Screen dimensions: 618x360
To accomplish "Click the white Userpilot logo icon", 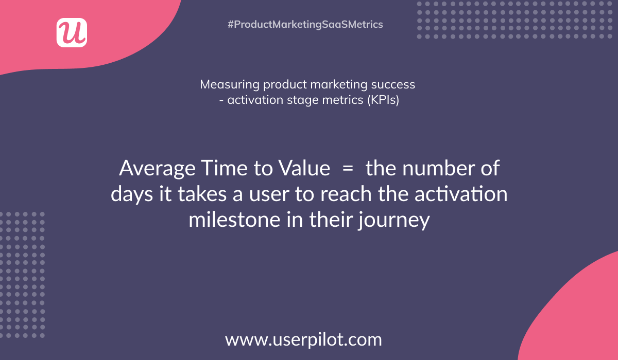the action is tap(72, 32).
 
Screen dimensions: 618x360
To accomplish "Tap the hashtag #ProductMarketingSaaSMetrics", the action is tap(305, 24).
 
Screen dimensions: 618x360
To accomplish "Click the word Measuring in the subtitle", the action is tap(230, 84).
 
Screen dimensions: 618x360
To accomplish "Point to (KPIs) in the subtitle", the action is tap(383, 100).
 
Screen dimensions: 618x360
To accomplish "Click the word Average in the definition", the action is tap(157, 168).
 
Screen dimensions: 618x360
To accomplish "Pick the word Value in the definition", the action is tap(304, 168).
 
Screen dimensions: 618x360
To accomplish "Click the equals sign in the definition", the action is tap(348, 168).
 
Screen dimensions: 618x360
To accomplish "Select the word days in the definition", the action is tap(132, 194).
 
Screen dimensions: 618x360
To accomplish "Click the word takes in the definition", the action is tap(202, 194).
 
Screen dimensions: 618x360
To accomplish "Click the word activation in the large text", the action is tap(461, 194).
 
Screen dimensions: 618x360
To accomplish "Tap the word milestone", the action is tap(234, 220).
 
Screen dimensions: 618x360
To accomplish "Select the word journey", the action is tap(394, 220).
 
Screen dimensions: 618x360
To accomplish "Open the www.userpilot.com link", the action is tap(303, 339).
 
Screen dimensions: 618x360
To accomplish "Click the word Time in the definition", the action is tap(224, 168).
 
